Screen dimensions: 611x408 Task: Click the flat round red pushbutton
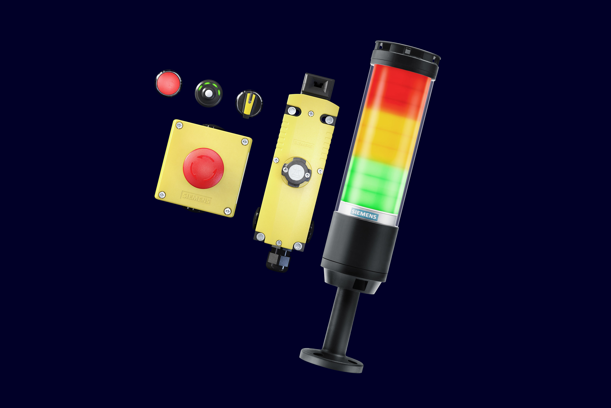168,83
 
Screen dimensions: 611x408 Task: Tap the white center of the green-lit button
209,93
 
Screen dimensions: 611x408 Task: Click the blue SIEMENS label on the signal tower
364,214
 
